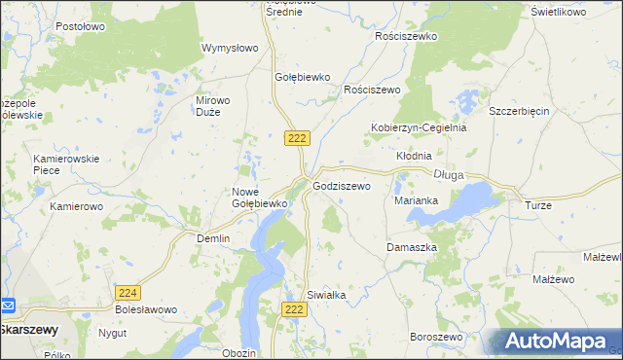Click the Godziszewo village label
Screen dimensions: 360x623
(341, 185)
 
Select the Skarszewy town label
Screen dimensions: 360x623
(28, 329)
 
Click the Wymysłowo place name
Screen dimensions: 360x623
(229, 48)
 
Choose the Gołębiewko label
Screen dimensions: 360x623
(304, 77)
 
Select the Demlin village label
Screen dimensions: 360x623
(213, 238)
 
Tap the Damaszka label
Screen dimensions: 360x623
(412, 247)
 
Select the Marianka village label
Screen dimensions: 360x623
(416, 200)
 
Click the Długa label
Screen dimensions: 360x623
(448, 175)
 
